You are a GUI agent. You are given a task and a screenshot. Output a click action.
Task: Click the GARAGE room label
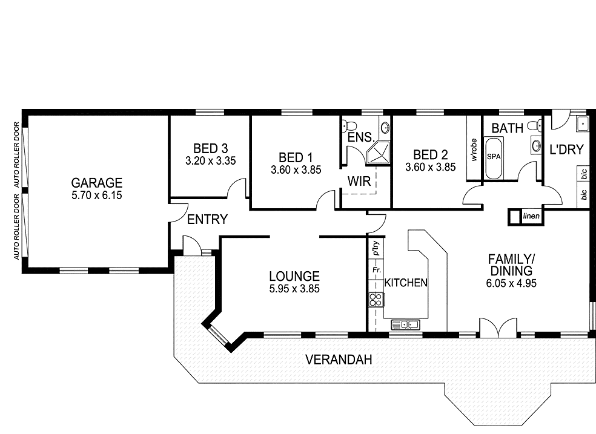[x=97, y=182]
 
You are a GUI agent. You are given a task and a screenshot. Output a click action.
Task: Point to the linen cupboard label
[x=531, y=217]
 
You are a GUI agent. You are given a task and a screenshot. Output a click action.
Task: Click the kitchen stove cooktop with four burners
[x=376, y=299]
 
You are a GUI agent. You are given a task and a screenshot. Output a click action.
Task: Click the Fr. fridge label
[x=376, y=269]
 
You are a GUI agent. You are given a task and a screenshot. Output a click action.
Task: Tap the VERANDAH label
[x=339, y=360]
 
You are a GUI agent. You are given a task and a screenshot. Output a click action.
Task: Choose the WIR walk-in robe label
[x=359, y=180]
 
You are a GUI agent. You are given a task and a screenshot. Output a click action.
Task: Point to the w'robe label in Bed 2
[x=474, y=150]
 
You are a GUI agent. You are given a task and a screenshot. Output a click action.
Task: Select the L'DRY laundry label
[x=566, y=150]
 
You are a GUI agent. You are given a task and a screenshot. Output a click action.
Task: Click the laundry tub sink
[x=581, y=124]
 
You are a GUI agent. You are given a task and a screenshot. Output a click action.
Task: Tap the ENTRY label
[x=207, y=219]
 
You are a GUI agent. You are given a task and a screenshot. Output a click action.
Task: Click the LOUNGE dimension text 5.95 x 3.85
[x=294, y=289]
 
